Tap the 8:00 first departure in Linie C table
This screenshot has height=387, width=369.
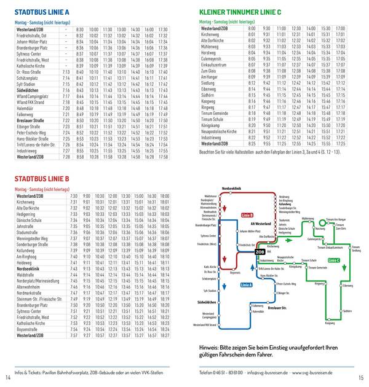point(251,29)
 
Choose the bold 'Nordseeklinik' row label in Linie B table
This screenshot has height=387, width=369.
point(30,268)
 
